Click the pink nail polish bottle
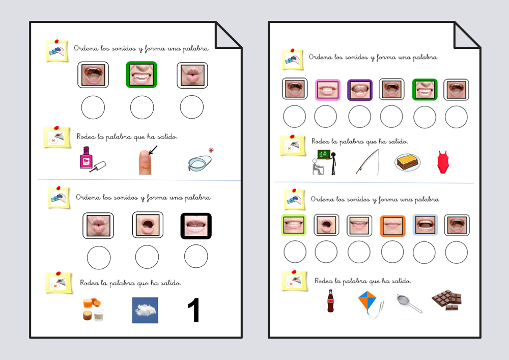click(x=93, y=159)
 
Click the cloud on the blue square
click(x=145, y=310)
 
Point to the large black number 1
click(x=194, y=310)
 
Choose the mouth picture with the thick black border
click(x=196, y=226)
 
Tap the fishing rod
click(x=367, y=161)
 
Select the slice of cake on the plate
click(x=408, y=162)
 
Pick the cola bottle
click(x=330, y=301)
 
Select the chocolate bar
click(x=447, y=300)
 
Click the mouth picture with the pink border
click(x=328, y=90)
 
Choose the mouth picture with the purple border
click(x=360, y=90)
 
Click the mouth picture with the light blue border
click(x=425, y=225)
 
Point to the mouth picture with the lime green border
click(x=294, y=225)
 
